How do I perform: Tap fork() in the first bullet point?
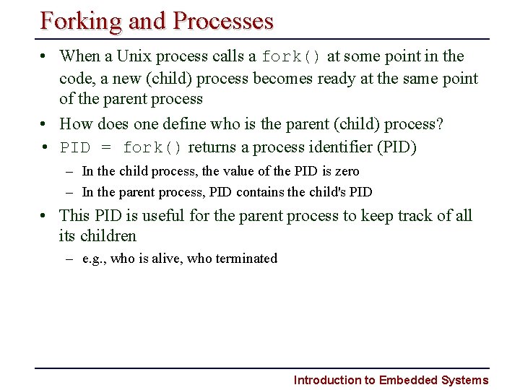(x=292, y=56)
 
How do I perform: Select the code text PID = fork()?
(x=121, y=148)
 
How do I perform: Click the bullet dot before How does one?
(x=45, y=124)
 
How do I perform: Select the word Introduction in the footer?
(x=326, y=380)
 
